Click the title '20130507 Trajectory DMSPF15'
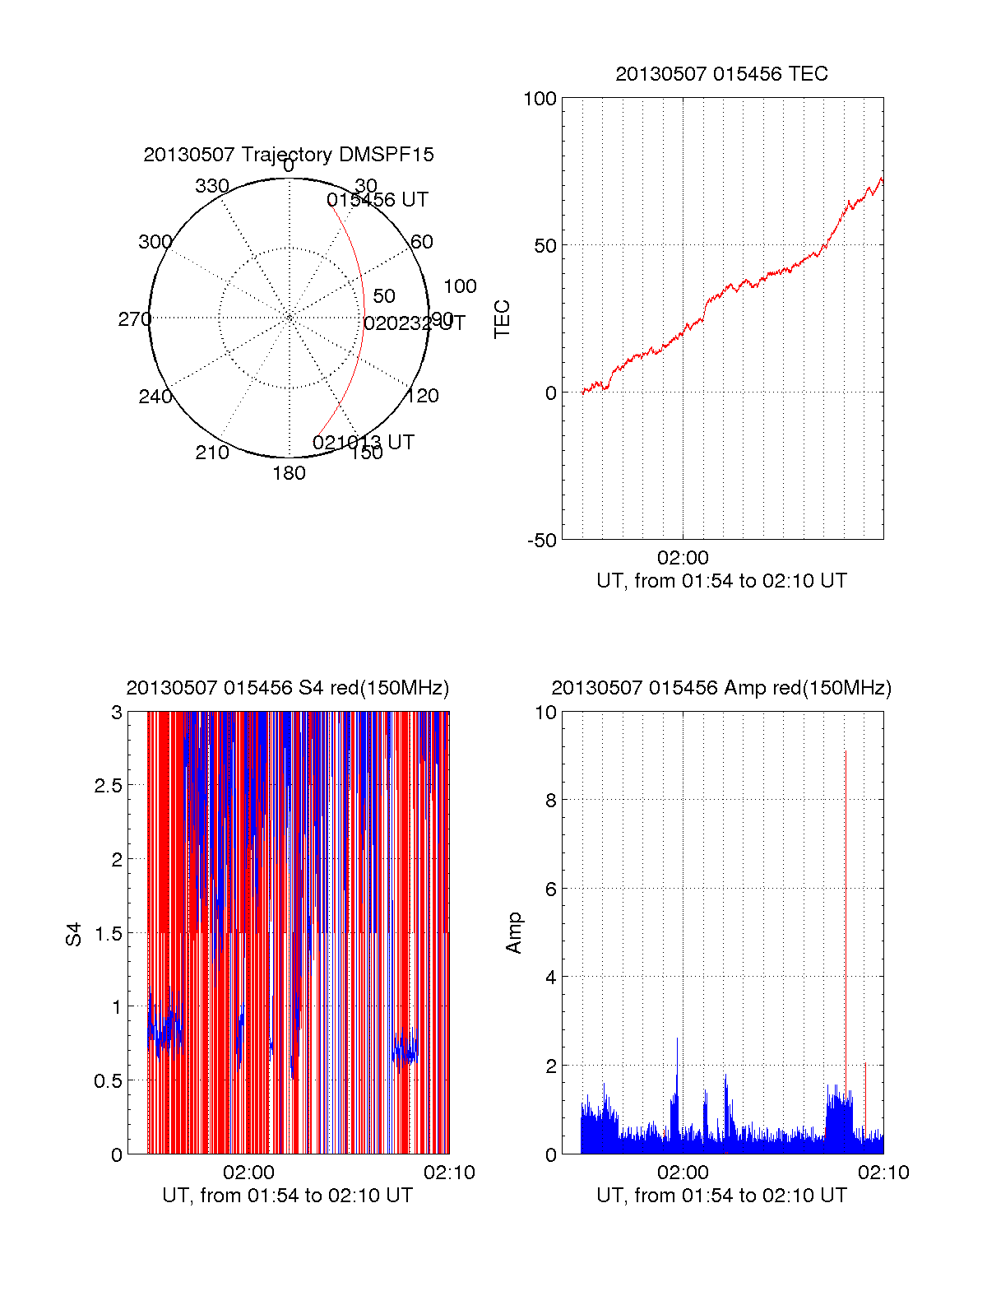pos(289,155)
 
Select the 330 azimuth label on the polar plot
pos(211,186)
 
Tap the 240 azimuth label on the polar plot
pos(155,397)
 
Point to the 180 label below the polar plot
pos(289,473)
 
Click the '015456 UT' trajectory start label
pos(378,200)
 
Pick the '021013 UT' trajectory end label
pos(364,443)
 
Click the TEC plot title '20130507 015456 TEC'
pos(721,74)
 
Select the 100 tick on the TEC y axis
pos(540,99)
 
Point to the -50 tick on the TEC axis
pos(541,541)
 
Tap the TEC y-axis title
pos(502,319)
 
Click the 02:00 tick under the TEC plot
pos(683,558)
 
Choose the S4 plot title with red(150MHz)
pos(288,688)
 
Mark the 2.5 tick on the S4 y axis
pos(109,786)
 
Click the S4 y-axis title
pos(74,934)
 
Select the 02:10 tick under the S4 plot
pos(449,1173)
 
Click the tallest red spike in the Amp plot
pos(846,823)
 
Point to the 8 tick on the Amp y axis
pos(551,801)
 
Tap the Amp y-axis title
pos(514,933)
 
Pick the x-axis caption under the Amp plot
pos(721,1196)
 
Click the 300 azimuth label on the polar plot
pos(155,242)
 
